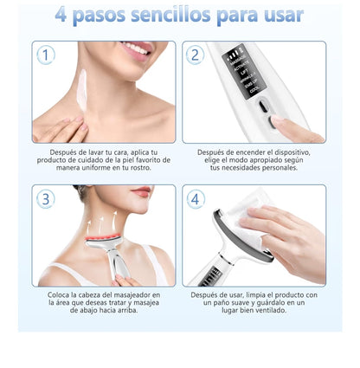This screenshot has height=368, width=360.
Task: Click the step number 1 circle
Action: [x=47, y=55]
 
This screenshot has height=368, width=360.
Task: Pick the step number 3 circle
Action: [x=47, y=199]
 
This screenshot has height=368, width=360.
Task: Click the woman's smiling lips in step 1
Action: [x=135, y=48]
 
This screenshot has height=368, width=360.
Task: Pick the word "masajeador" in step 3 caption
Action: [x=136, y=294]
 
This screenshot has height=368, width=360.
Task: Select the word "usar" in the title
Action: [x=280, y=15]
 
